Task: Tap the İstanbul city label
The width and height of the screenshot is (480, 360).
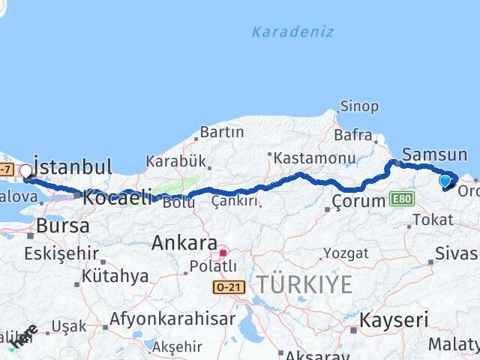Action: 73,166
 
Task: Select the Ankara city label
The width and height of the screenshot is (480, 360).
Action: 184,243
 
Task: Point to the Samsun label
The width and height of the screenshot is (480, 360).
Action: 434,155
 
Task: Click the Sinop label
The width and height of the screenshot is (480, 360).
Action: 359,106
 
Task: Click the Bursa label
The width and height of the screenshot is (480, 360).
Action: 63,226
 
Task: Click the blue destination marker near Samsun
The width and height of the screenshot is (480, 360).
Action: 445,180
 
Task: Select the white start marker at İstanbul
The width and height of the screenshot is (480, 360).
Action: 26,171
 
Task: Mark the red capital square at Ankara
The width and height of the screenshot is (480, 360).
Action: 223,253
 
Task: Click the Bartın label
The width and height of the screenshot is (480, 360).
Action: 221,132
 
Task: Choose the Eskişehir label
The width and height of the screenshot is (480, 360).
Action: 61,253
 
